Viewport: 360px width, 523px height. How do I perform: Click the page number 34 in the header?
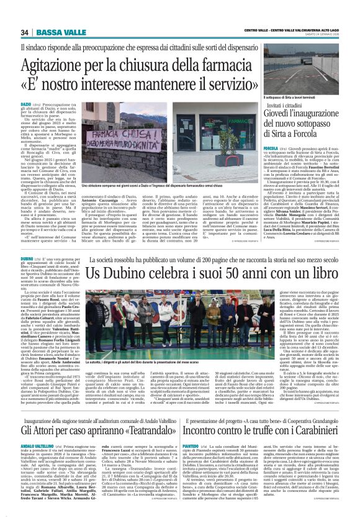[x=25, y=32]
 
